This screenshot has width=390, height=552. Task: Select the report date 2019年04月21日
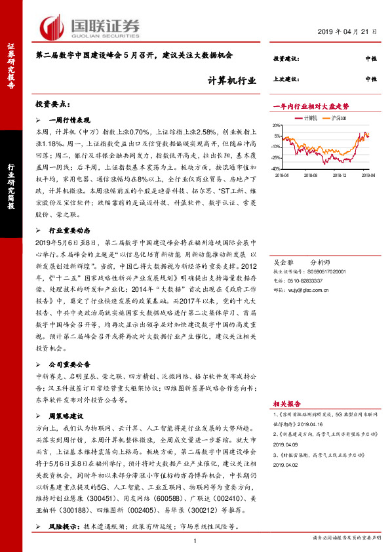point(349,32)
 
